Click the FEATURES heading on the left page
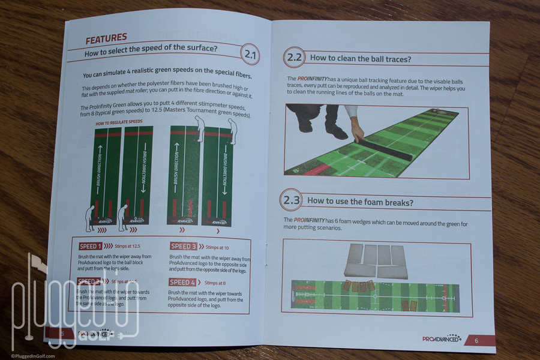106,40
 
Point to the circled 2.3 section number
292,200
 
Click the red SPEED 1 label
90,246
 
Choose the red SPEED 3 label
183,246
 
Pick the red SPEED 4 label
182,282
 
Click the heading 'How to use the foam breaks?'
360,201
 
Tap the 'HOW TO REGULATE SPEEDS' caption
119,122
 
